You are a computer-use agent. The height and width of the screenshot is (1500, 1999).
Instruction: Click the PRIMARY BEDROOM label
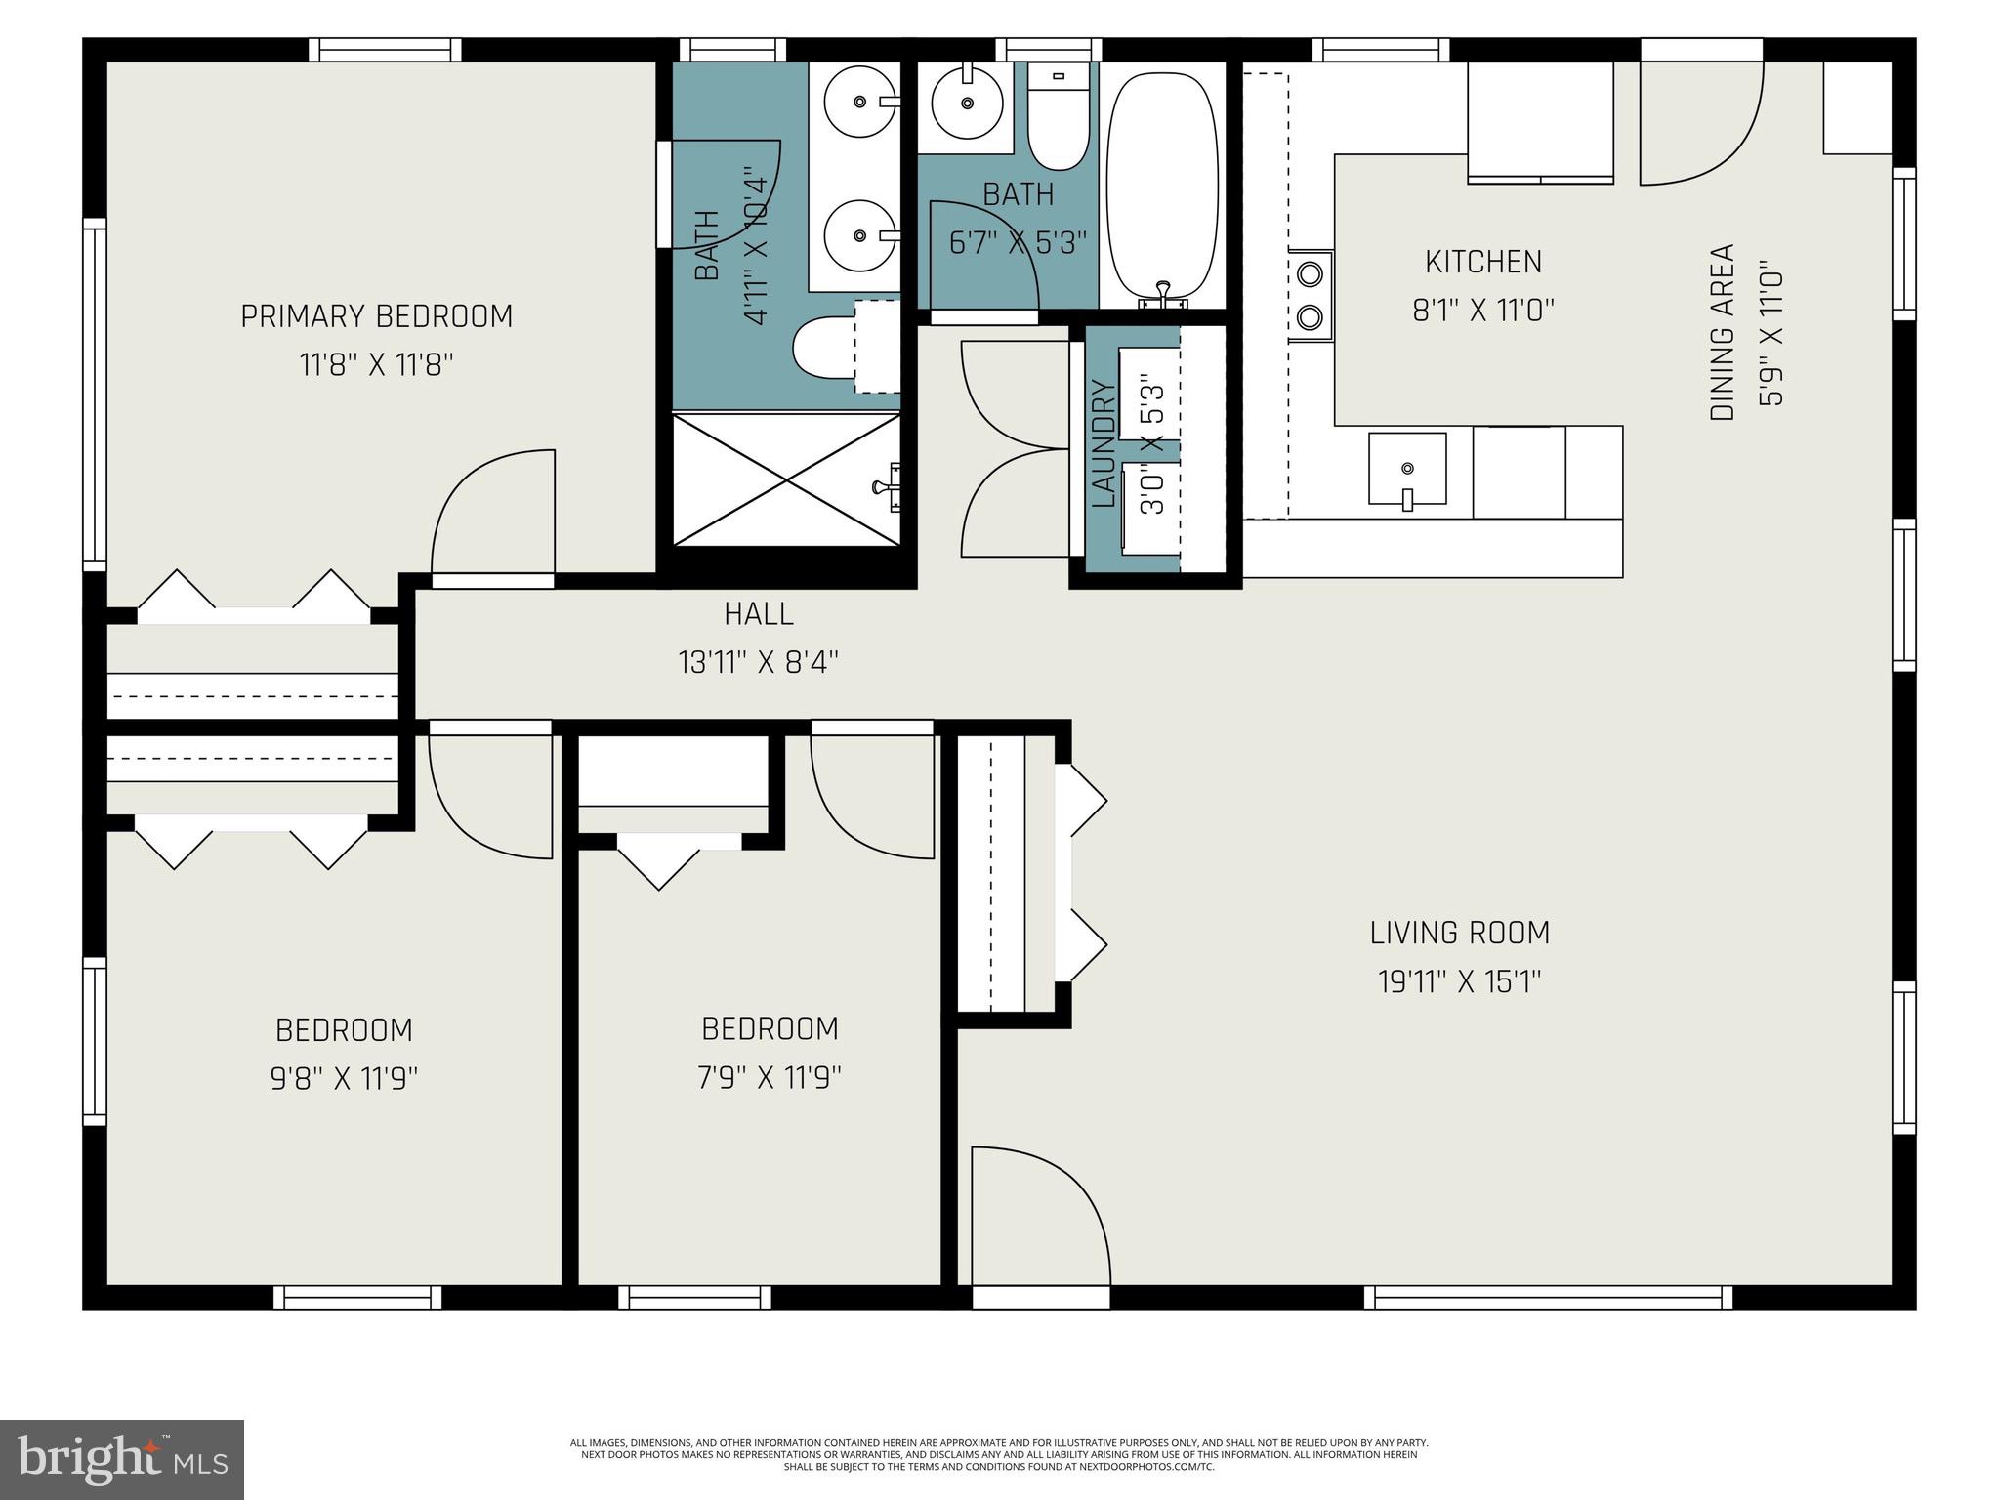(376, 316)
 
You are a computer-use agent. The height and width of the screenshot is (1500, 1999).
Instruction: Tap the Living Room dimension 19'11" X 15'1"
(1459, 980)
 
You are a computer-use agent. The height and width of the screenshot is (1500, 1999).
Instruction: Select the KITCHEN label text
(1482, 262)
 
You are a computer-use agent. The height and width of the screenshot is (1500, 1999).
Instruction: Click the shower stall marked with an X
(786, 479)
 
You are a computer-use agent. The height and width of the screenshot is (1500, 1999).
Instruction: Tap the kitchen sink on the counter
(1406, 470)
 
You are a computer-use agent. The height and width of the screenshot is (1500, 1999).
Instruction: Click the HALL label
(759, 614)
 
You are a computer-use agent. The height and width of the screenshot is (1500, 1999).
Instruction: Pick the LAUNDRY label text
(1104, 444)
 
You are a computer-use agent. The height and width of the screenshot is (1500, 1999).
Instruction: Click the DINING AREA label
(1723, 332)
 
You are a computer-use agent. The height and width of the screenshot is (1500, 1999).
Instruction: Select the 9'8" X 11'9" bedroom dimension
(344, 1079)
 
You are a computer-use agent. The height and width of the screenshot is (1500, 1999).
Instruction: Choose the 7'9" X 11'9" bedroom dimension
(770, 1077)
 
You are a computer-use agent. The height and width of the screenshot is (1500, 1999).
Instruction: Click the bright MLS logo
(122, 1461)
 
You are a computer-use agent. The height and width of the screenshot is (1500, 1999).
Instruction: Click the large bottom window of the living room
(1547, 1298)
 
